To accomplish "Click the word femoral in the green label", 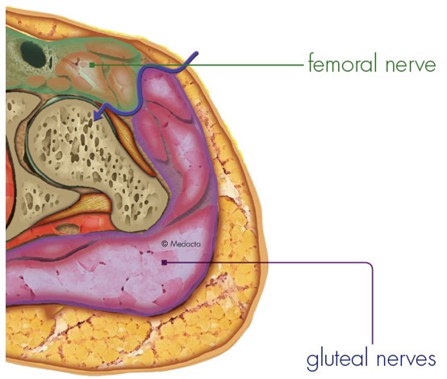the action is (x=343, y=62).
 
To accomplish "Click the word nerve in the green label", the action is (x=411, y=65).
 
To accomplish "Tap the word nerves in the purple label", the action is (x=406, y=360).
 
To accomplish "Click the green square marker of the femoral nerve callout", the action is (x=92, y=65).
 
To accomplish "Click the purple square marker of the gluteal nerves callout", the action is (x=165, y=262).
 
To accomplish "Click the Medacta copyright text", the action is (x=181, y=244).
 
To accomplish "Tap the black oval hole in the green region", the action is (x=33, y=55).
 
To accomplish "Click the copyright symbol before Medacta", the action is (x=165, y=244).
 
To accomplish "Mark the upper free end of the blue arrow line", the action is (x=197, y=53).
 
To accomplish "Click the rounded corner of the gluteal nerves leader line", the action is (x=370, y=265).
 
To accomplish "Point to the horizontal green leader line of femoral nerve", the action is (x=199, y=65).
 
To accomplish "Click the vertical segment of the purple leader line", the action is (x=372, y=305).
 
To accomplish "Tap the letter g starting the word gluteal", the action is (x=312, y=361).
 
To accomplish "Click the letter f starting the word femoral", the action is (x=311, y=62).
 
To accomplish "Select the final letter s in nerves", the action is (x=432, y=360).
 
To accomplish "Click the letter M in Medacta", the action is (x=173, y=244).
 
